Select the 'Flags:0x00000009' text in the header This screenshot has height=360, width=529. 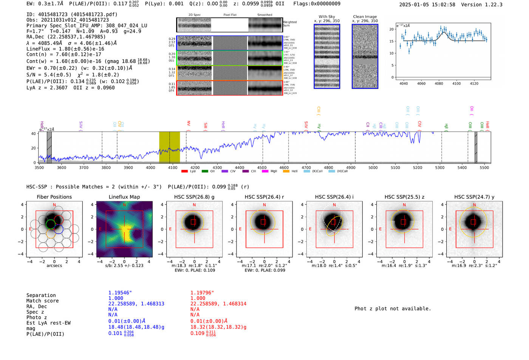click(317, 4)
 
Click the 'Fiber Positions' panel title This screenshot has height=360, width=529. click(54, 197)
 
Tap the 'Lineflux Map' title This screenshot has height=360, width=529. click(124, 197)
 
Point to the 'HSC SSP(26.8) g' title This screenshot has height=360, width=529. click(194, 197)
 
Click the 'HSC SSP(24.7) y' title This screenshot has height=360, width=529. click(474, 197)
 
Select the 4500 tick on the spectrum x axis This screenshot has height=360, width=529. click(262, 167)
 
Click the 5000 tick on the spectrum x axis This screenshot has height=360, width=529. click(373, 167)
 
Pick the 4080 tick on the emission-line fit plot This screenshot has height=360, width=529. click(439, 83)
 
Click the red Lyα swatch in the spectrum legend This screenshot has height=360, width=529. click(184, 172)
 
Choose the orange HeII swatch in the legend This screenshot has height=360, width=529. click(286, 172)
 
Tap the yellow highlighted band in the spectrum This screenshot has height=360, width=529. click(169, 147)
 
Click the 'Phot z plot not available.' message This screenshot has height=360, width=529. click(393, 309)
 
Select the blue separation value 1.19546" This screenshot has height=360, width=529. click(120, 293)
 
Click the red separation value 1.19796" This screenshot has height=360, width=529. click(202, 293)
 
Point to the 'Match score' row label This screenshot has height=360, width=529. click(42, 301)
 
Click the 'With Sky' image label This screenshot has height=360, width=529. click(327, 17)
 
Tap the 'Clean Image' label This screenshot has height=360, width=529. click(365, 17)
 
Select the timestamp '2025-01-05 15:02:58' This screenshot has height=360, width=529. click(427, 5)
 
